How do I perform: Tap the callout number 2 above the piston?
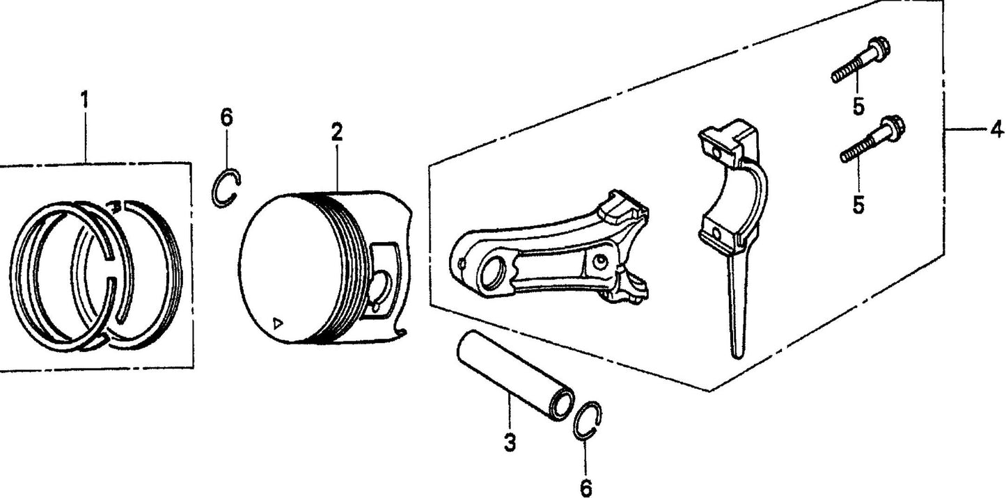337,131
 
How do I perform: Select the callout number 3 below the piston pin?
510,442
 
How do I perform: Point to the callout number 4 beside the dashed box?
996,130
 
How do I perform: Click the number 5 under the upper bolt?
858,107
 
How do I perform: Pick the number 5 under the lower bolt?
858,204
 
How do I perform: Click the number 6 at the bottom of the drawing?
585,488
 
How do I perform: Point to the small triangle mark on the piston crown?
278,323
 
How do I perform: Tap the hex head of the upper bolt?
879,50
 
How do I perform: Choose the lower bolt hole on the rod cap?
717,234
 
